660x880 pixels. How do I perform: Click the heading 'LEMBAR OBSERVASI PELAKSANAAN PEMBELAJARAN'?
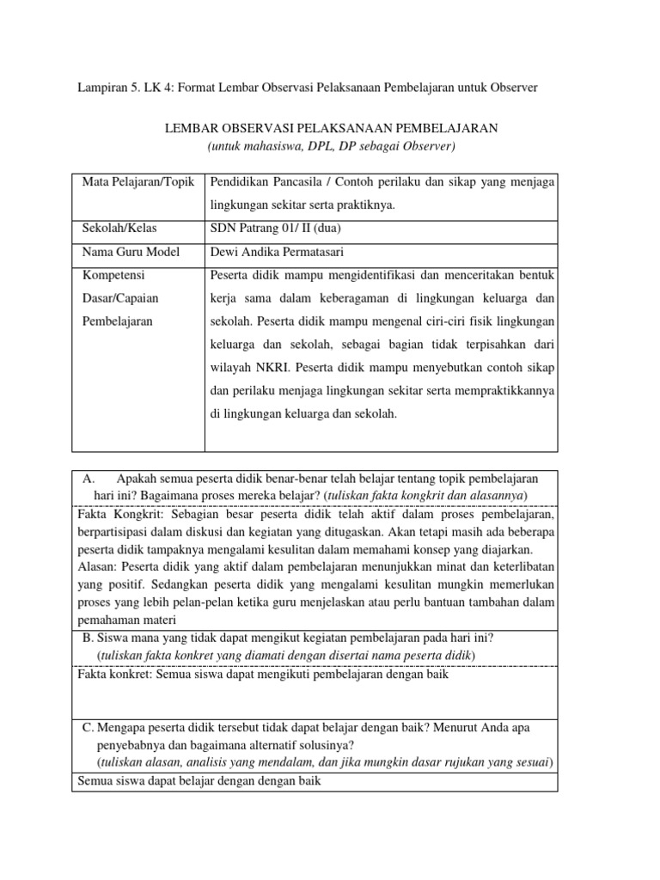coord(330,128)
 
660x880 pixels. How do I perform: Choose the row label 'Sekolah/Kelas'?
coord(119,229)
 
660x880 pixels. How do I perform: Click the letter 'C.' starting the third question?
coord(88,727)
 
